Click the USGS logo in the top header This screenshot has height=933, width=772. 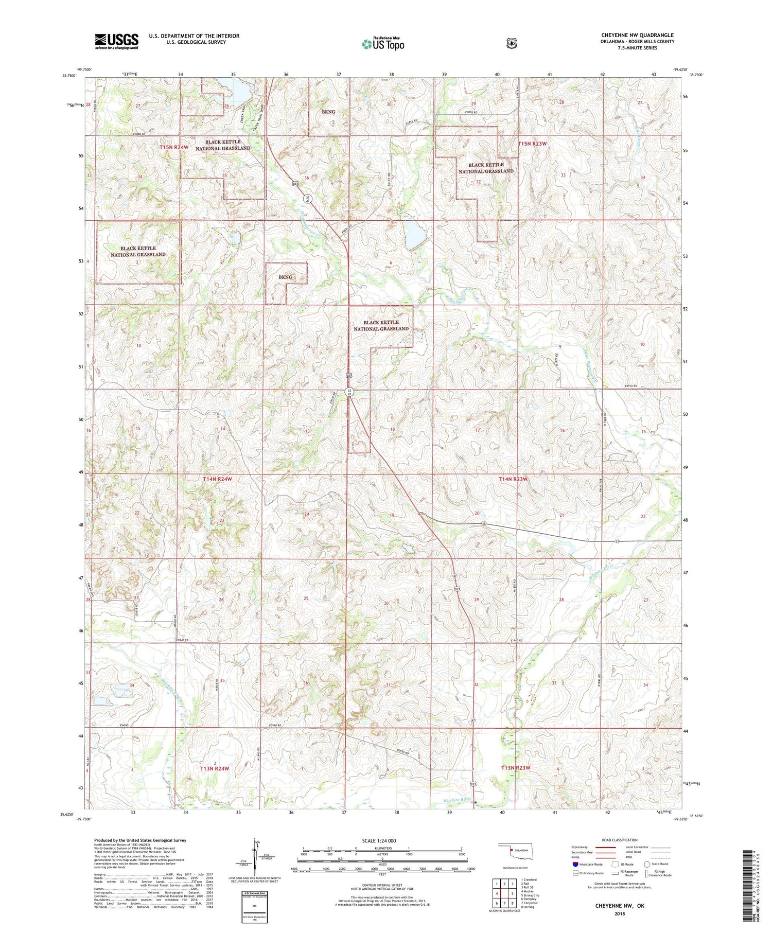(x=116, y=41)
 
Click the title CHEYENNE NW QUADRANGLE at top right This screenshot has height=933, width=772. (x=637, y=36)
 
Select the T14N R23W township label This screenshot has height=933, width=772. (x=513, y=479)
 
